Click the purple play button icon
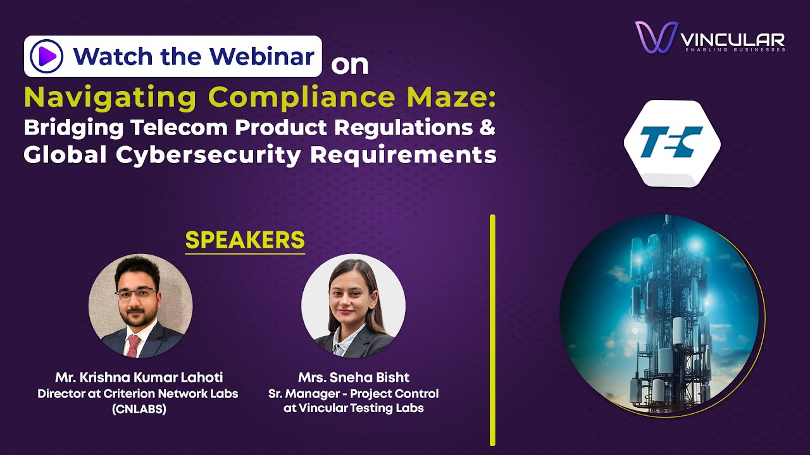point(46,57)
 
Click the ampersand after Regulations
point(486,127)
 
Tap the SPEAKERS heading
point(245,240)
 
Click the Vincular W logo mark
point(655,37)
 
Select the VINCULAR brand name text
point(732,40)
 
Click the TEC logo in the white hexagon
point(671,143)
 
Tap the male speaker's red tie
point(134,345)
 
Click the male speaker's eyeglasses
point(136,293)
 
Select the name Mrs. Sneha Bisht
point(354,378)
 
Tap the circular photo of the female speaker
point(353,306)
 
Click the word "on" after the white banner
point(349,64)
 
